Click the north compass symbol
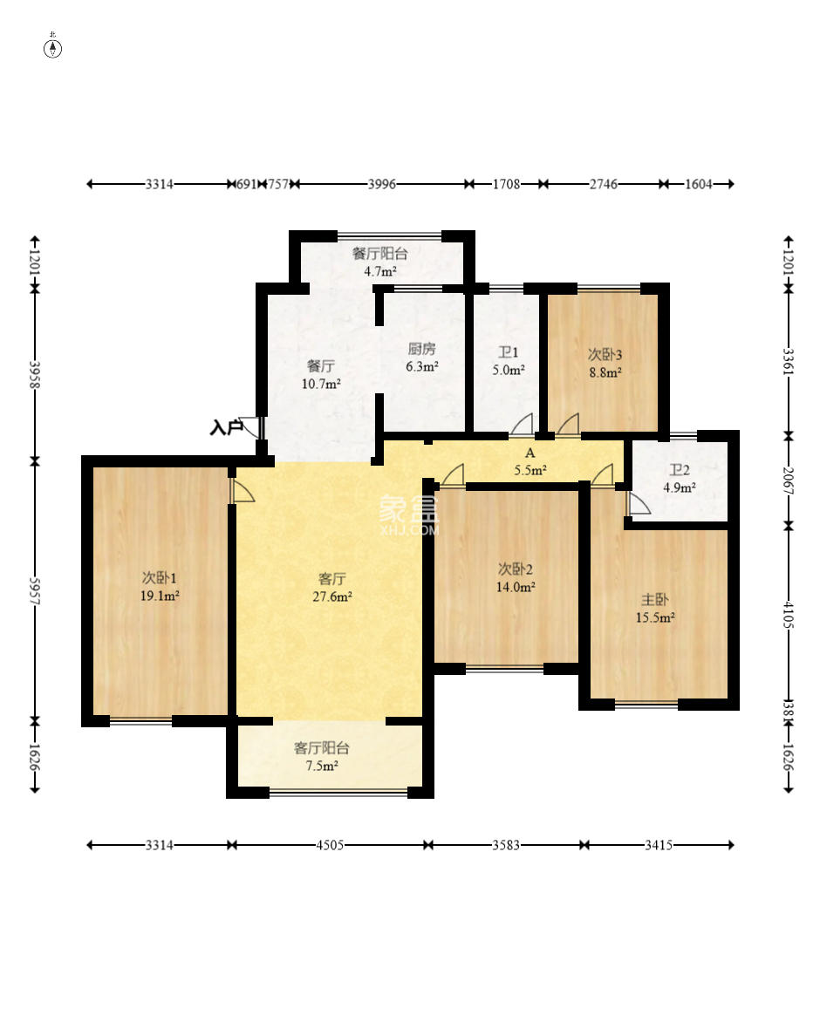tap(52, 48)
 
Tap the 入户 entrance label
tap(226, 428)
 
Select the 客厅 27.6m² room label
tap(332, 588)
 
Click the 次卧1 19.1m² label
tap(160, 587)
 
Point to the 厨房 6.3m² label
tap(421, 358)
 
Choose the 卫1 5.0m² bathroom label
tap(509, 361)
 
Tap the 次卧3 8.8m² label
tap(605, 363)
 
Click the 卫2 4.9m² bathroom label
tap(680, 479)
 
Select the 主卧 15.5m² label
tap(655, 609)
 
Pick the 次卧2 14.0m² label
tap(516, 577)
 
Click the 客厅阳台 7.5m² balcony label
tap(322, 757)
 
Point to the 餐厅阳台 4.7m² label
tap(380, 262)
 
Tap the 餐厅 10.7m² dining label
tap(321, 375)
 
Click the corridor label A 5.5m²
tap(530, 461)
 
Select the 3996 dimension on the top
tap(381, 184)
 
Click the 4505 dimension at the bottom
tap(330, 845)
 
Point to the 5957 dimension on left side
tap(36, 592)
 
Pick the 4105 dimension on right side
tap(789, 615)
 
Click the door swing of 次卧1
tap(242, 491)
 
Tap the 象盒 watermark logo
tap(408, 515)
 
